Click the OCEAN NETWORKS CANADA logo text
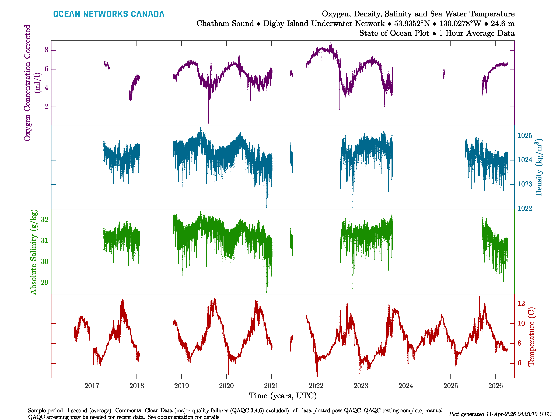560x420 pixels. (109, 14)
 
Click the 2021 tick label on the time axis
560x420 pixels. (271, 386)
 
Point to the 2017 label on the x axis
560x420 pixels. (92, 386)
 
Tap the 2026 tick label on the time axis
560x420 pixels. (495, 386)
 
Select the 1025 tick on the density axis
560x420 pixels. (525, 136)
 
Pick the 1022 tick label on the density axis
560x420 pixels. (525, 208)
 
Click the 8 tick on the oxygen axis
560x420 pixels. (46, 50)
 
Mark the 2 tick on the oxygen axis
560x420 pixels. (46, 107)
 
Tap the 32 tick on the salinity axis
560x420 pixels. (45, 219)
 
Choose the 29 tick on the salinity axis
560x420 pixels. (45, 282)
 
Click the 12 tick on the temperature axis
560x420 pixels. (521, 303)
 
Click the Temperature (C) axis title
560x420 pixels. (531, 337)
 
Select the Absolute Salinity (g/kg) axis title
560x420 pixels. (33, 252)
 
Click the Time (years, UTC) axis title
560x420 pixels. (283, 396)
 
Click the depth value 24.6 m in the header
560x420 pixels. (503, 24)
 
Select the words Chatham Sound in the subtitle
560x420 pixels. (225, 24)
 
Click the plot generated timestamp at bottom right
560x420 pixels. (500, 414)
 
